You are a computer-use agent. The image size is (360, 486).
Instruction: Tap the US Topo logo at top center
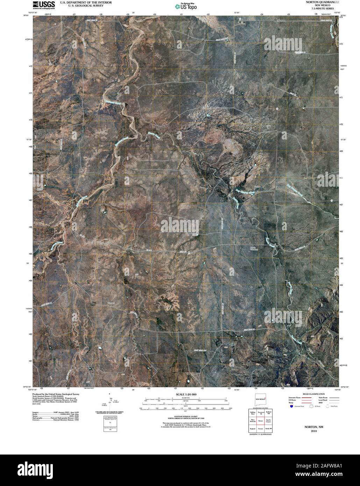(x=186, y=6)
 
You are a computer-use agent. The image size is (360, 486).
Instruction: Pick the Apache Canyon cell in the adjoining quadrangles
(x=268, y=421)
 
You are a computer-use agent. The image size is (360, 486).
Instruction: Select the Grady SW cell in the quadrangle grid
(x=268, y=429)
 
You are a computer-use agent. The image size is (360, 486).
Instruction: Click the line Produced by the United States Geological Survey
(x=56, y=394)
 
